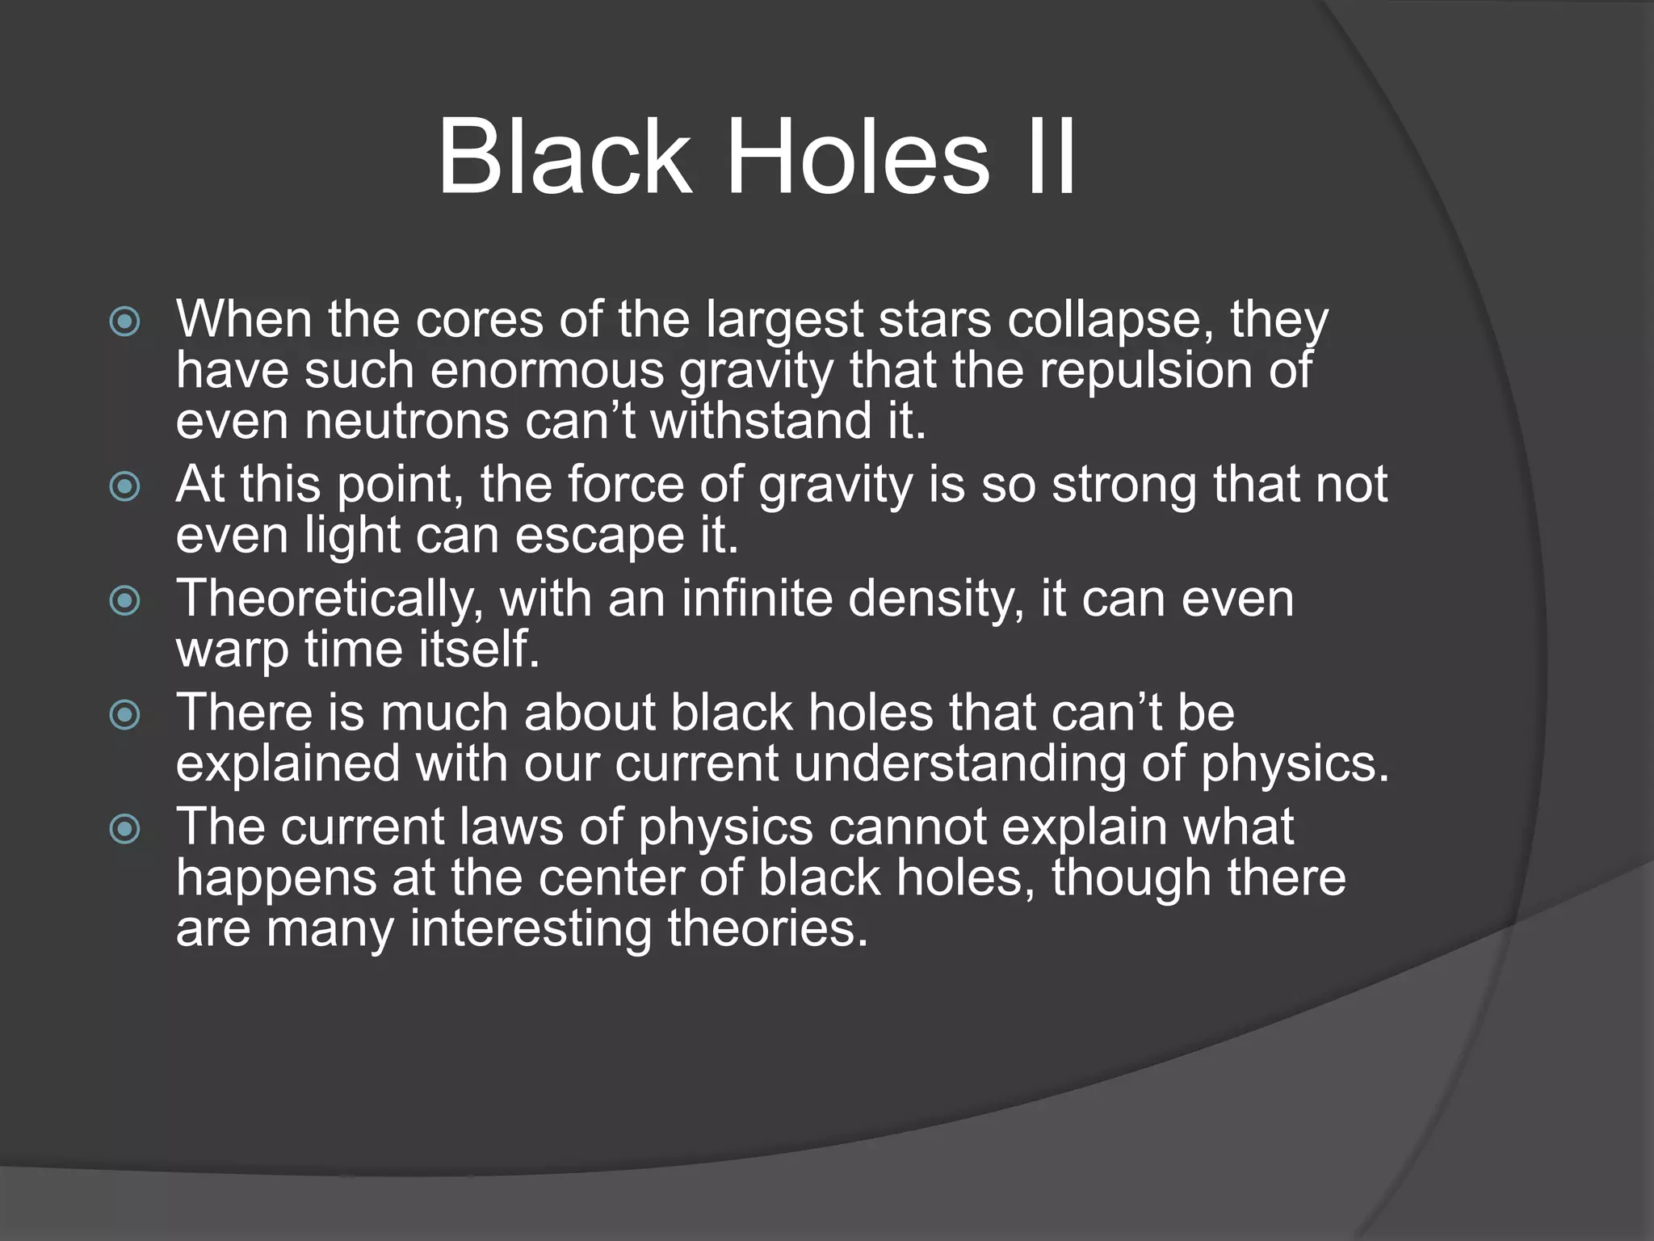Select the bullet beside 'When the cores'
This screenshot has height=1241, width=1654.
pyautogui.click(x=125, y=322)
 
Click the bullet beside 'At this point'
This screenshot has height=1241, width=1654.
pyautogui.click(x=125, y=487)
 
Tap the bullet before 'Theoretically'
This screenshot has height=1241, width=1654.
pyautogui.click(x=125, y=601)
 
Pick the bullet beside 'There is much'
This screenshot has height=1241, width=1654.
pyautogui.click(x=125, y=715)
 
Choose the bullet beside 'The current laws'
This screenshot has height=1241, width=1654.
pyautogui.click(x=125, y=829)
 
